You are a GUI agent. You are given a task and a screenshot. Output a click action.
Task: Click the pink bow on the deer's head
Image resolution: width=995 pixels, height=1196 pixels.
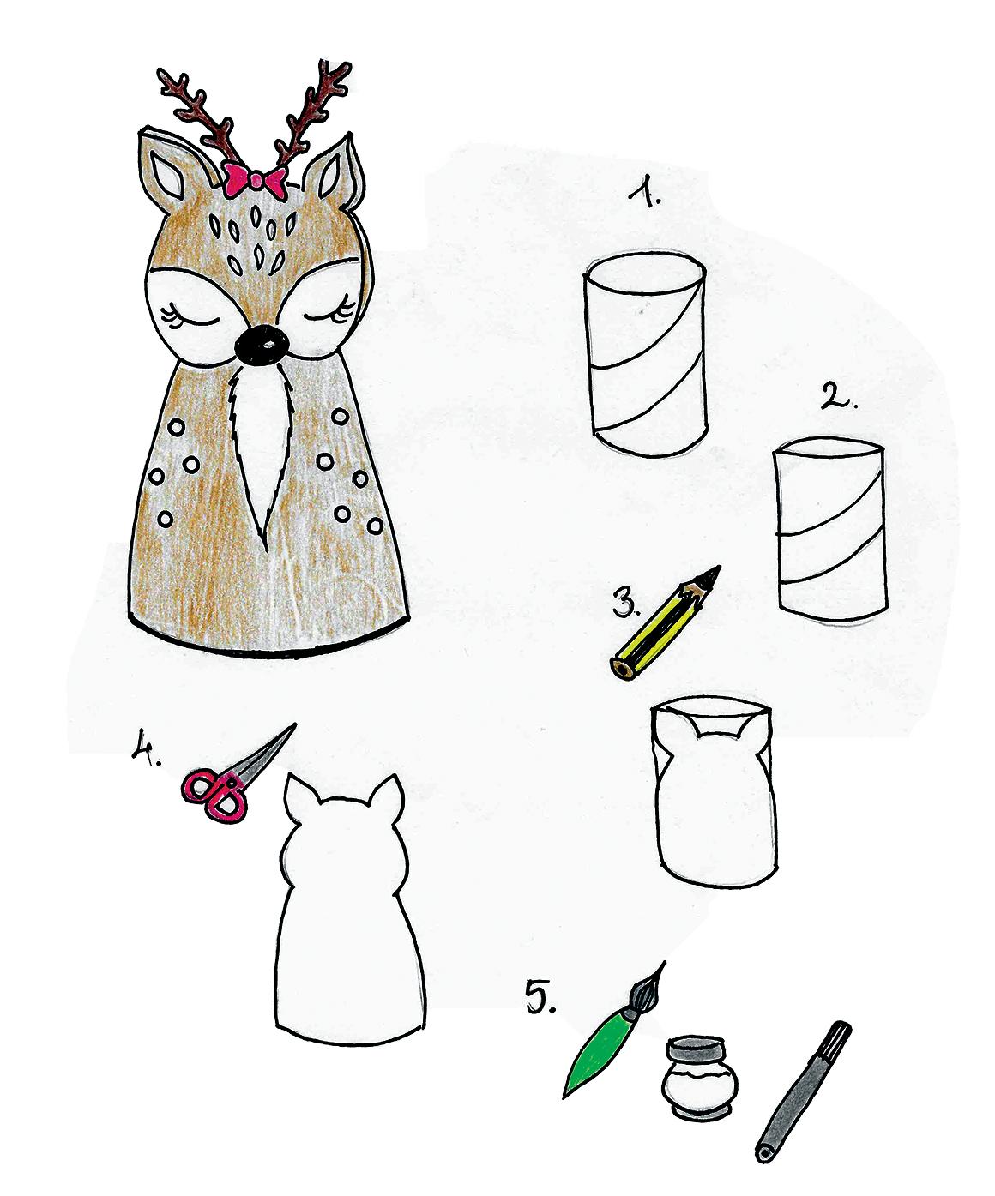256,180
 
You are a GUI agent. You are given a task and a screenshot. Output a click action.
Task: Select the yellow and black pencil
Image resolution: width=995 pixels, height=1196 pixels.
665,623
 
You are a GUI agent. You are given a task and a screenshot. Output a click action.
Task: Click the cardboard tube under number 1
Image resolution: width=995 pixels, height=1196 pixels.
646,353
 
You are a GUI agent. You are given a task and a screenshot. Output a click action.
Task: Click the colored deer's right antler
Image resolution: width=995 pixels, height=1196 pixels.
313,115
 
